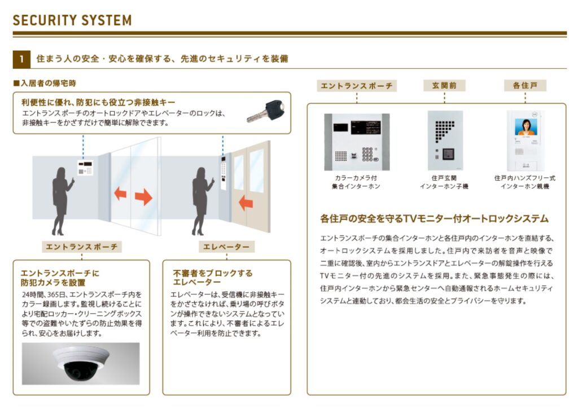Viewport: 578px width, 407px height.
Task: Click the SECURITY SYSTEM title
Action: (72, 20)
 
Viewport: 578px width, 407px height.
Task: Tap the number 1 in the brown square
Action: (22, 59)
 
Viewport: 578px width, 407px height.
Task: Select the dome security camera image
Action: (81, 364)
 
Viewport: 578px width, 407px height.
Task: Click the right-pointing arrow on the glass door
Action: (143, 196)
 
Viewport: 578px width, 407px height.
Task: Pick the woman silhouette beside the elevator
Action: (202, 201)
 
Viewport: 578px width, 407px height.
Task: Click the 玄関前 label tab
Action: (444, 86)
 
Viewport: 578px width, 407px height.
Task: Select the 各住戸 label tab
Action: (525, 86)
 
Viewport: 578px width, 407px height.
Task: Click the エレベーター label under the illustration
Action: (226, 247)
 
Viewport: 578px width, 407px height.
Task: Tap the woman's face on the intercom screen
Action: (526, 124)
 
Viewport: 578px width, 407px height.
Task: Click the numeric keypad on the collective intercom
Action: (367, 154)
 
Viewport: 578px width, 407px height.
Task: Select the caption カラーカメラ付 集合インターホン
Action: (356, 182)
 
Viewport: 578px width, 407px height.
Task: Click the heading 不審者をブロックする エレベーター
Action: (213, 277)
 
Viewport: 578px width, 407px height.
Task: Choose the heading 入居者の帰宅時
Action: (45, 83)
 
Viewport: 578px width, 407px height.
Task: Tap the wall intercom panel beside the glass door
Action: (85, 168)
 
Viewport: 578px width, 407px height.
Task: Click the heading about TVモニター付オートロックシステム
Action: (434, 218)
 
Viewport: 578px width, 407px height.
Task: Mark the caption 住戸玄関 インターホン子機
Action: (444, 182)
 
